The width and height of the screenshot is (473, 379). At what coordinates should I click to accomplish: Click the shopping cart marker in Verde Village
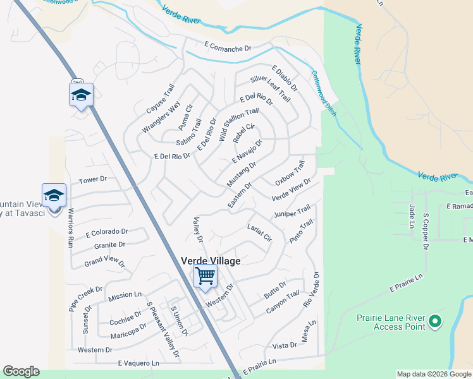coord(205,277)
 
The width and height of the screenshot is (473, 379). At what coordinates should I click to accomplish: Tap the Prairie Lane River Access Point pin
coord(434,322)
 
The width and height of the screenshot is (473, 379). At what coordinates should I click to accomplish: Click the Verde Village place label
coord(211,260)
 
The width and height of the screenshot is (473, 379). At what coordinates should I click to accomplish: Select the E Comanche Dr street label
coord(228,47)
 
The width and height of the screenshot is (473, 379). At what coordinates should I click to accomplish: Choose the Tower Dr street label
coord(93,181)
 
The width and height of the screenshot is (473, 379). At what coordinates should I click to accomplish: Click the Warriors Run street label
coord(71,227)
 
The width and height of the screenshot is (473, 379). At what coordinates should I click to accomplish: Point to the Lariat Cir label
coord(259,232)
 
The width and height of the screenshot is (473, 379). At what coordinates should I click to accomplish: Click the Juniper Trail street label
coord(292,212)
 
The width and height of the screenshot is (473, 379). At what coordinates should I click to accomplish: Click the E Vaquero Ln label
coord(138,363)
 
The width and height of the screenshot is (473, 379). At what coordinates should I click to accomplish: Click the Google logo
coord(21,371)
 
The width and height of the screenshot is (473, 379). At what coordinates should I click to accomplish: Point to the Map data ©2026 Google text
coord(434,374)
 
